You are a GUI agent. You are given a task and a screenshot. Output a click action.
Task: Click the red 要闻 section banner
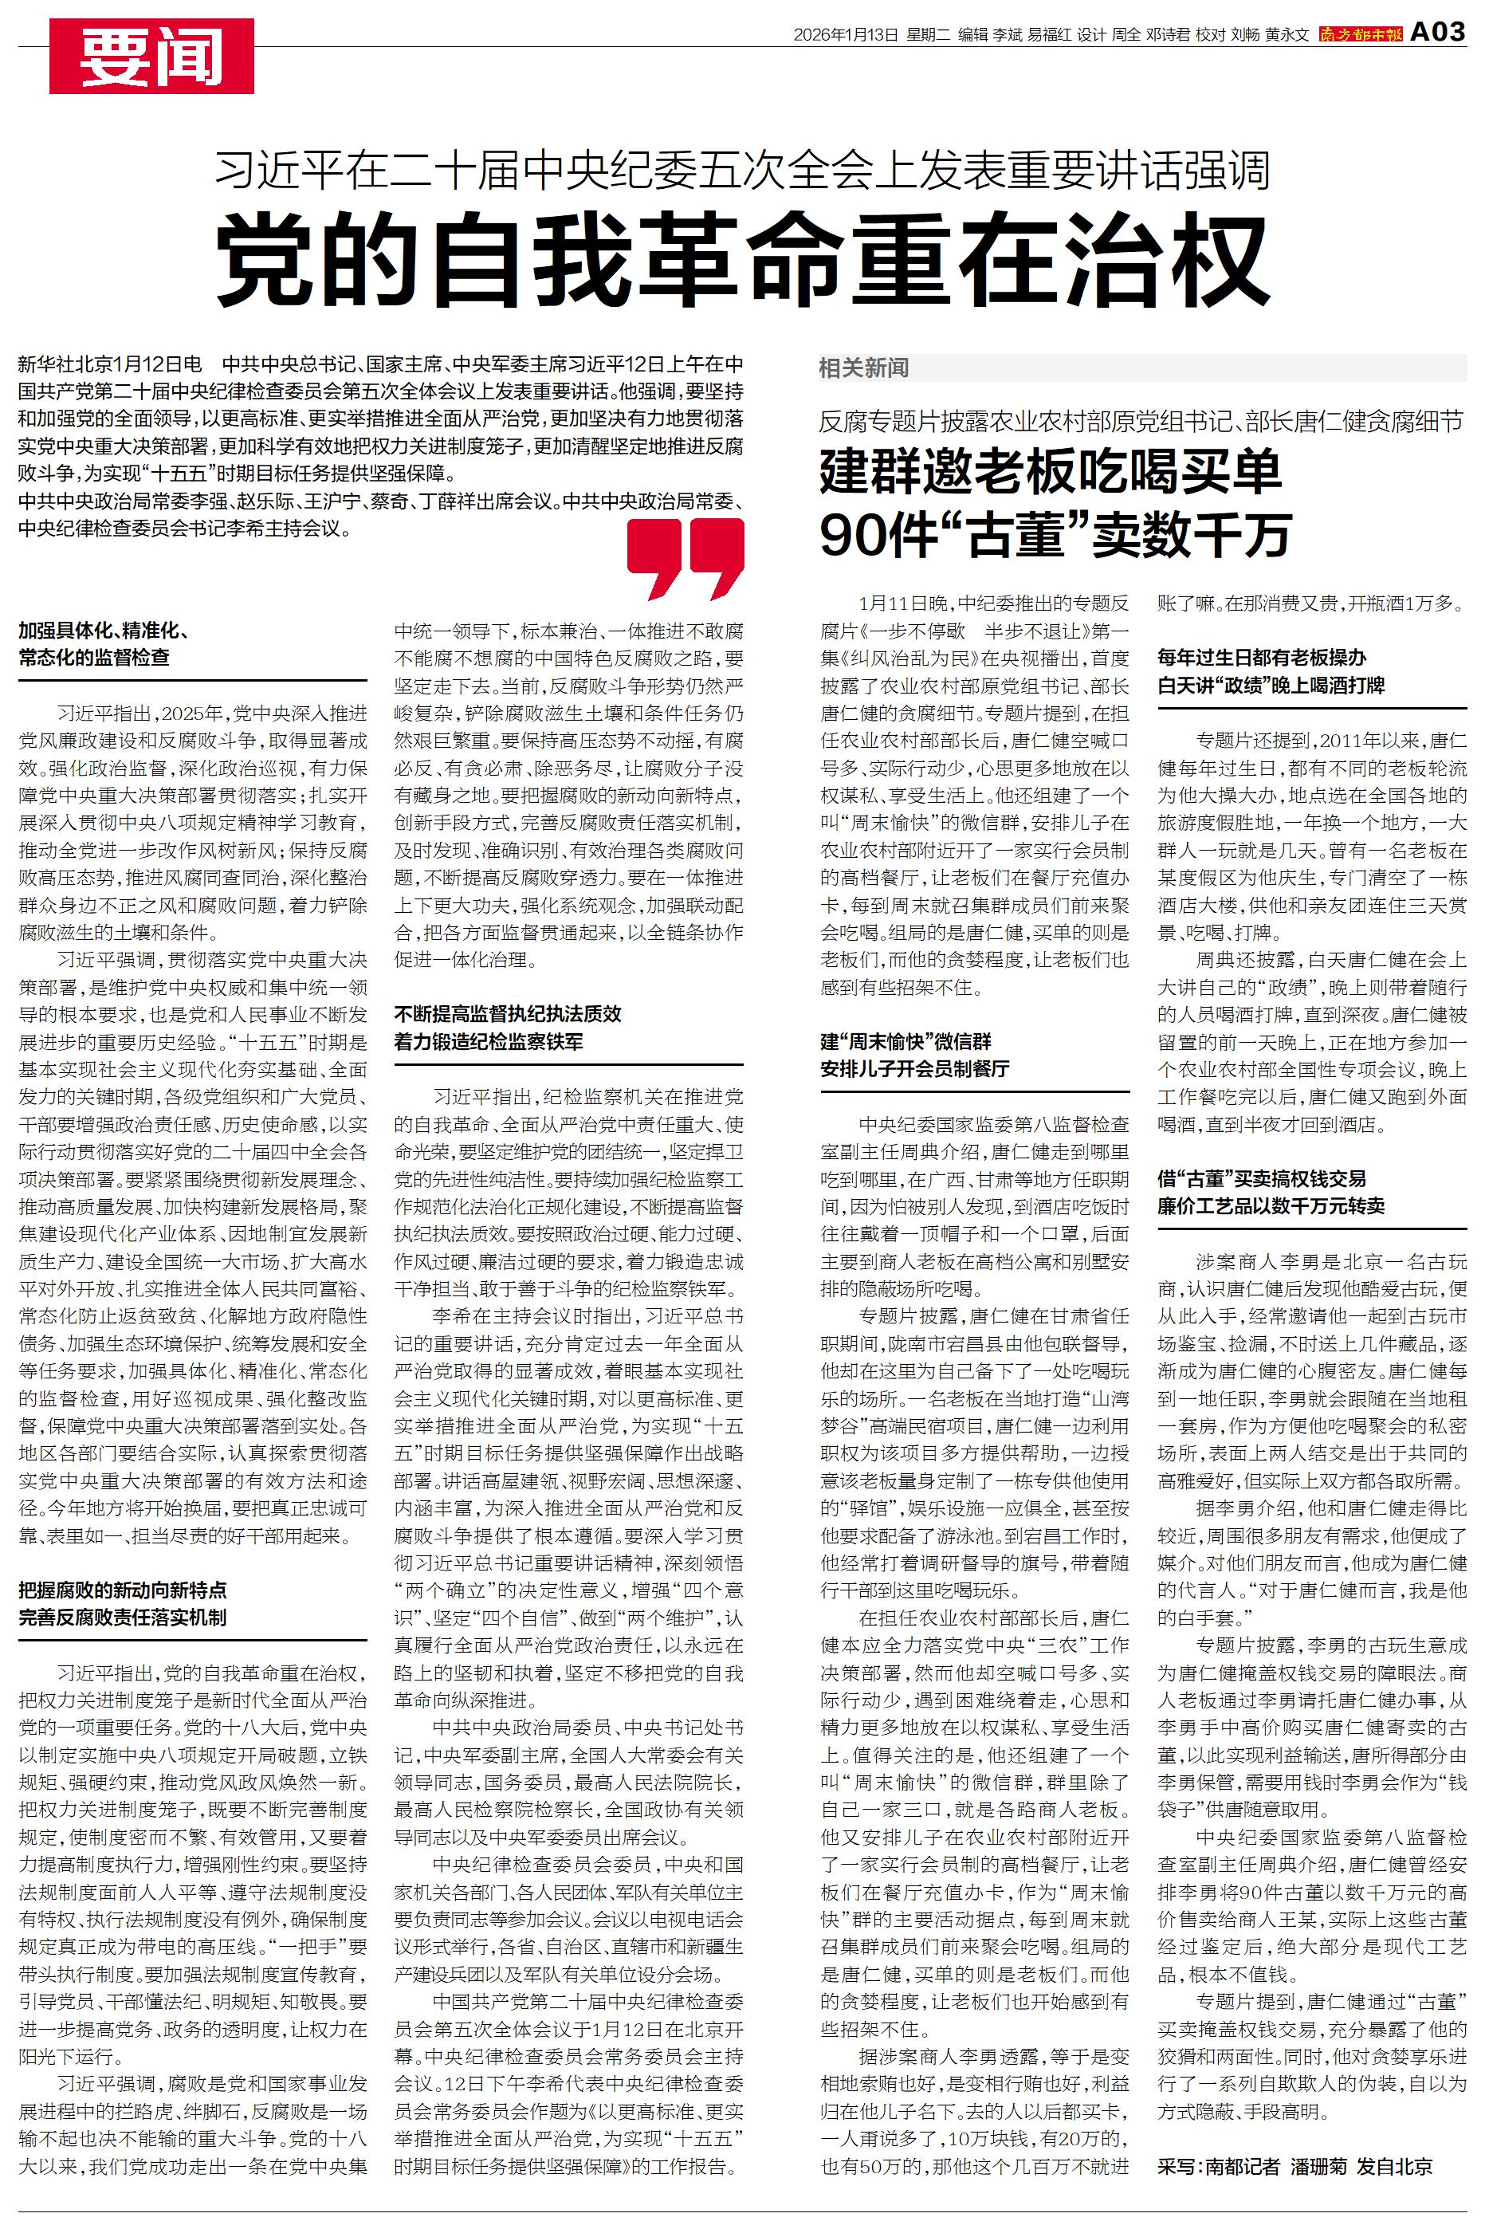151,56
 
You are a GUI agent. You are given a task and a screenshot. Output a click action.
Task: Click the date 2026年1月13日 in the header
845,35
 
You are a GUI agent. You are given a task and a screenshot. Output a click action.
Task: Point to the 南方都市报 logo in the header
1360,34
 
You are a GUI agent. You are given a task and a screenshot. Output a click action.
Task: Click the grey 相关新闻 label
864,368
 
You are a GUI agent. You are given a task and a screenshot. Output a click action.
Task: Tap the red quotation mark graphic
686,558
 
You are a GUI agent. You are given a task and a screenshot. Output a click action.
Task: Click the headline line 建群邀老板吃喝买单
1051,473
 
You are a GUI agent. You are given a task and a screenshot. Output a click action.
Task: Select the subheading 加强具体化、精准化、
104,631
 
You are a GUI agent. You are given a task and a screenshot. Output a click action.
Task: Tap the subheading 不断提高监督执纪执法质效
508,1014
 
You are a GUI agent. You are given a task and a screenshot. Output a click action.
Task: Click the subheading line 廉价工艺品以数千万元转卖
1271,1206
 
